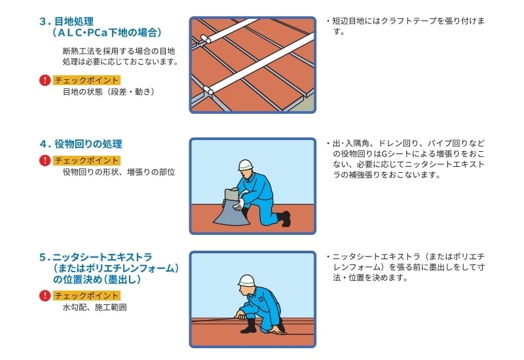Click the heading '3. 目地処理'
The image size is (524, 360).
[x=67, y=22]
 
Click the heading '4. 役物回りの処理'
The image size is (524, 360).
[x=81, y=144]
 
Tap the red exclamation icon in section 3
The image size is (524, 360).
[x=45, y=80]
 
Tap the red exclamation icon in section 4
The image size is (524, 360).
[x=45, y=160]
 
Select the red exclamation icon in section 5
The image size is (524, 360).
[x=45, y=296]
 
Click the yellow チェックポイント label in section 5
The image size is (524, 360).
[x=86, y=296]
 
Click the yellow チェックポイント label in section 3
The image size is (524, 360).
[x=86, y=80]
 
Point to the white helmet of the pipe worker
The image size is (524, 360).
[x=245, y=165]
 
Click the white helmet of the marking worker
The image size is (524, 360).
[x=246, y=281]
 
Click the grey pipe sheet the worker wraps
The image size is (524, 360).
[x=232, y=209]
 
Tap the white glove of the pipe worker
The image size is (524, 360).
[x=238, y=204]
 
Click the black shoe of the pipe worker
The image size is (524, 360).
[x=284, y=219]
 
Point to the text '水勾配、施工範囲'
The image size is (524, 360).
[x=94, y=307]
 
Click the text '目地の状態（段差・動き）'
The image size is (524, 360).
[x=108, y=92]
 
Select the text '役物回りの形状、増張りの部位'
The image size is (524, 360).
[x=119, y=172]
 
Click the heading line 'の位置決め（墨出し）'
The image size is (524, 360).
[x=97, y=279]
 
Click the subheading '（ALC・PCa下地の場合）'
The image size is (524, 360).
[x=107, y=32]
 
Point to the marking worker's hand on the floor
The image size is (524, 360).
[x=277, y=331]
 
